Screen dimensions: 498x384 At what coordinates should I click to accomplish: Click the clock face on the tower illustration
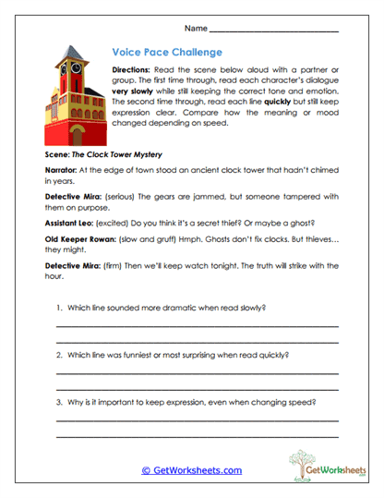(66, 67)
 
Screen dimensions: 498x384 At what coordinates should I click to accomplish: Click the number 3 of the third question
(58, 402)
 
